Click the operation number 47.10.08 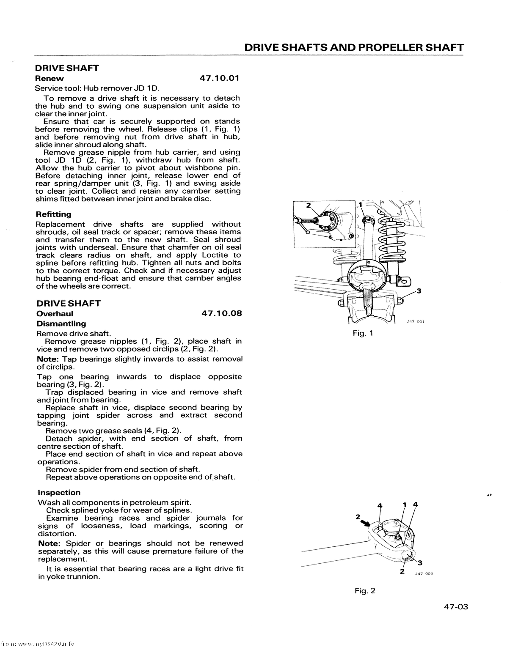[221, 314]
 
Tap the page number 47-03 [456, 607]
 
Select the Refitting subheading [54, 214]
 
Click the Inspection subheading [59, 493]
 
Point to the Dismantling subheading [61, 324]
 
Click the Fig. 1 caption [363, 334]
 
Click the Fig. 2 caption [365, 591]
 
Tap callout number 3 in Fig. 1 [419, 291]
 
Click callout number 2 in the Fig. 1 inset [309, 205]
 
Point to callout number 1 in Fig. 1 [361, 205]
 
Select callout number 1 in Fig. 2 [405, 505]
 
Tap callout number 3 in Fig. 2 [420, 562]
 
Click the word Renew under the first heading [50, 78]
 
